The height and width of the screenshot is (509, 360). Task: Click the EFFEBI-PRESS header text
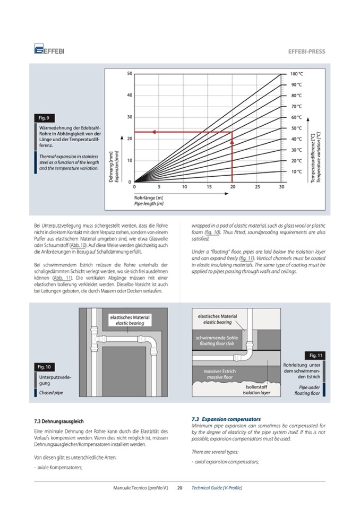click(x=306, y=51)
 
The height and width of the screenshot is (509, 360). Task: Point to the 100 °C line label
click(x=296, y=74)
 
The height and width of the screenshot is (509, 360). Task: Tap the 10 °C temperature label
click(x=296, y=171)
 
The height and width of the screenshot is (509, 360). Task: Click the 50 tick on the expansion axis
click(x=130, y=73)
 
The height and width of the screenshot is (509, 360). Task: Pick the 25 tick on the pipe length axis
click(x=257, y=187)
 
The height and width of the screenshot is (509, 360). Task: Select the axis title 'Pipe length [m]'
click(x=149, y=203)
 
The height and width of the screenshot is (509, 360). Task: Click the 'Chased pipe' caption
click(x=51, y=393)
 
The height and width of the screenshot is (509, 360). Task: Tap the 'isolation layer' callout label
click(x=256, y=393)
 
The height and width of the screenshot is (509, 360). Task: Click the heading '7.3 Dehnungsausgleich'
click(x=59, y=421)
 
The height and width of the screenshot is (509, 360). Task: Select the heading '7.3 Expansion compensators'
click(x=226, y=419)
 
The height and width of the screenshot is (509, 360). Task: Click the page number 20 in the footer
click(x=180, y=487)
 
